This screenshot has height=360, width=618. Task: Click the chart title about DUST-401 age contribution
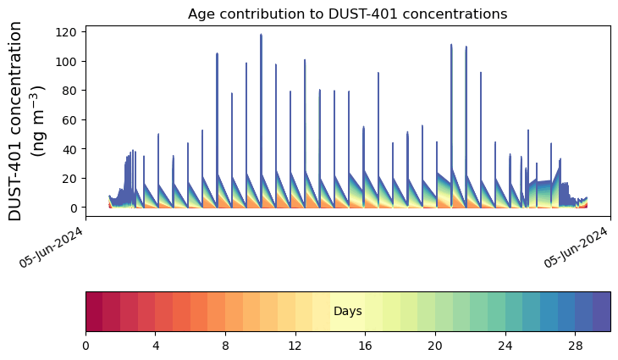coord(347,14)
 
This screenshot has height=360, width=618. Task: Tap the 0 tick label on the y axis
coord(73,208)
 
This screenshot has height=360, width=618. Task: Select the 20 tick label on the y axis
coord(69,178)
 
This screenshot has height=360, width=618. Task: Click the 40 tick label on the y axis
coord(69,149)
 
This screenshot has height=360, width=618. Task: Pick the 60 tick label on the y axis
coord(69,119)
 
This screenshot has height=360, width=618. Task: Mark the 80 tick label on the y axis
coord(69,91)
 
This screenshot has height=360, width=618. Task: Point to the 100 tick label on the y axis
coord(67,61)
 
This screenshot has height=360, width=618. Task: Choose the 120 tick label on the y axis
coord(67,32)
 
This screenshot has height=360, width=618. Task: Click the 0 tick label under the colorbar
coord(86,347)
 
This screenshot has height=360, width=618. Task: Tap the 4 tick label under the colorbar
coord(156,347)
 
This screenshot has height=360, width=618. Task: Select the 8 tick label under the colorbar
coord(225,347)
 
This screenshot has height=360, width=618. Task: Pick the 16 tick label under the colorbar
coord(365,347)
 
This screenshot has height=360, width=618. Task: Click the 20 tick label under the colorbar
coord(435,347)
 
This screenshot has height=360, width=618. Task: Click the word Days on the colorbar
coord(347,312)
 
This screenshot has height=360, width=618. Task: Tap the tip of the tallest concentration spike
coord(261,35)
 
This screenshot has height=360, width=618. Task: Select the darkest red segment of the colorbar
coord(94,312)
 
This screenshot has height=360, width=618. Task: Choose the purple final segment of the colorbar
coord(601,312)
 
